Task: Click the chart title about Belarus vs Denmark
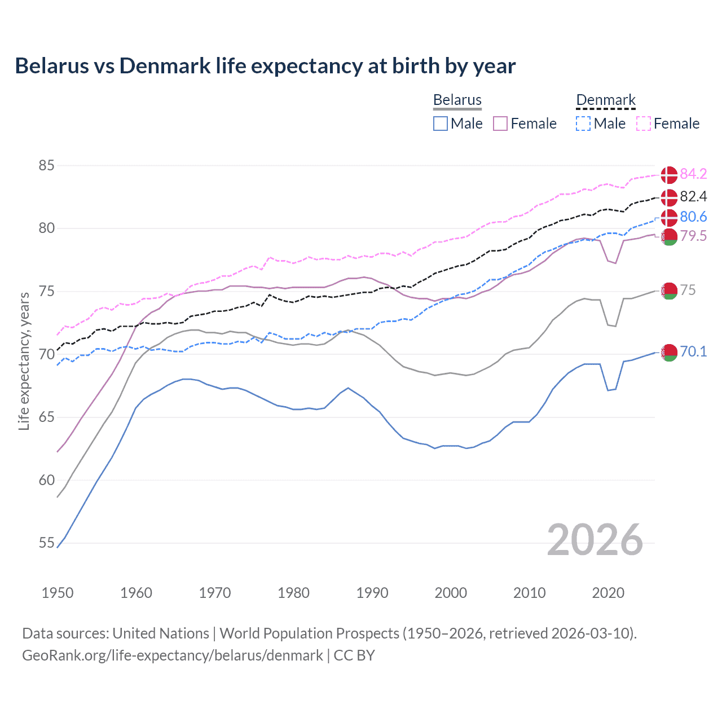pyautogui.click(x=265, y=66)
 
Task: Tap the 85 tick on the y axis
pyautogui.click(x=46, y=166)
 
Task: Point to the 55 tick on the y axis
pyautogui.click(x=46, y=543)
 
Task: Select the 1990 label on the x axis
pyautogui.click(x=372, y=593)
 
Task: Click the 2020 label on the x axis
pyautogui.click(x=608, y=593)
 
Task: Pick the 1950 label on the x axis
pyautogui.click(x=58, y=593)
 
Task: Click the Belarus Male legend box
pyautogui.click(x=441, y=124)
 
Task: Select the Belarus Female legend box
pyautogui.click(x=500, y=124)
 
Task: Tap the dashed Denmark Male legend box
pyautogui.click(x=583, y=124)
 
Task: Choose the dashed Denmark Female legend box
pyautogui.click(x=644, y=124)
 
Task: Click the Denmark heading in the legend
pyautogui.click(x=606, y=100)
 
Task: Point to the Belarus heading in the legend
pyautogui.click(x=457, y=100)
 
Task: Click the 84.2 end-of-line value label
pyautogui.click(x=693, y=174)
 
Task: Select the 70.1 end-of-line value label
pyautogui.click(x=693, y=351)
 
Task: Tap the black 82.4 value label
pyautogui.click(x=693, y=196)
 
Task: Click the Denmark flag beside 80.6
pyautogui.click(x=669, y=217)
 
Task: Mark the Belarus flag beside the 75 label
pyautogui.click(x=669, y=291)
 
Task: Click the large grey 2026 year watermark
pyautogui.click(x=595, y=540)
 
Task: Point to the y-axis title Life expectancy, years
pyautogui.click(x=24, y=361)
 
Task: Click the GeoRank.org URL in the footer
pyautogui.click(x=172, y=655)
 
